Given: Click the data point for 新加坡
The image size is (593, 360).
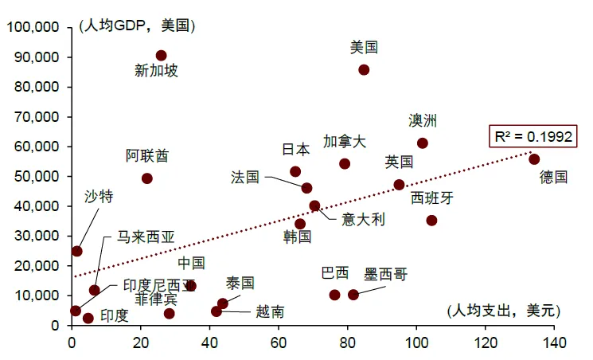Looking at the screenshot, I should [x=161, y=56].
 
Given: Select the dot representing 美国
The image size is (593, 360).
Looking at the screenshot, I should [x=364, y=70].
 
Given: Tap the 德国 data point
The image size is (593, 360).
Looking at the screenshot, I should [x=534, y=159].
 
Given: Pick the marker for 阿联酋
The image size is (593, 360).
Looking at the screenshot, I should [x=147, y=178].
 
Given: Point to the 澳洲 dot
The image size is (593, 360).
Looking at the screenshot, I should [x=423, y=143].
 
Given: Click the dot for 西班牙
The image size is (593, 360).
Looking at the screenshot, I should [x=431, y=221].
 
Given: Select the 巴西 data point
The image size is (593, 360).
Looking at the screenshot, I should [x=334, y=295].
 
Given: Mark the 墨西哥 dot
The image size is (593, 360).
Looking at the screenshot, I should [x=353, y=295].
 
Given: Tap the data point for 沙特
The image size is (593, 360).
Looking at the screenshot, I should [x=77, y=251].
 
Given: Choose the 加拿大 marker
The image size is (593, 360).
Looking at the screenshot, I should [x=345, y=164].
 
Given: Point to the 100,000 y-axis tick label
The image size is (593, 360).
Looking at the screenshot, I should [x=33, y=27].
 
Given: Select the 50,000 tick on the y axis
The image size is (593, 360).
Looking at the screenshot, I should [x=37, y=176].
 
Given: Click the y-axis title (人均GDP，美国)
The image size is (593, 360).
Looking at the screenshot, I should [x=137, y=25].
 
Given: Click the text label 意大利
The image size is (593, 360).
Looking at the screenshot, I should [x=363, y=219].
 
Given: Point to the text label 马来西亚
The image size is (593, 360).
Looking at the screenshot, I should [x=145, y=237].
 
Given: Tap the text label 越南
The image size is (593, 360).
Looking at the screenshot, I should [x=270, y=312].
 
